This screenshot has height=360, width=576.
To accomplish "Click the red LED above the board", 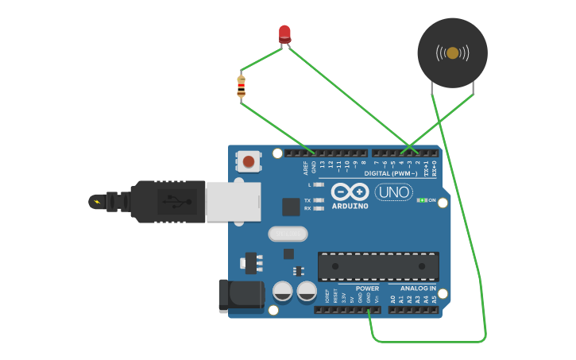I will coord(284,33).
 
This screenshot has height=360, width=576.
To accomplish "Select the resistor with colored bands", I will coord(242,86).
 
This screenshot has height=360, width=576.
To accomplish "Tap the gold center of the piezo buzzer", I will coord(452,53).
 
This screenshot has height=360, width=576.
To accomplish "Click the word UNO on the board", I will coord(394,192).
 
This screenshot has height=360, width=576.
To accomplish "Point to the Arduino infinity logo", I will coord(350,192).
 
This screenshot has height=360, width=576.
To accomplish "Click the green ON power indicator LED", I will coord(422,200).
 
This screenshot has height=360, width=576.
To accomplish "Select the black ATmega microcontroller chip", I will coord(378,266).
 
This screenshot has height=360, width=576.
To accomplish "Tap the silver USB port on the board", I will coord(233,201).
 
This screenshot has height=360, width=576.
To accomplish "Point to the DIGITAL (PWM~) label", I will coord(391,173).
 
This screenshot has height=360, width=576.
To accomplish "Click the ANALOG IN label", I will coord(417,288).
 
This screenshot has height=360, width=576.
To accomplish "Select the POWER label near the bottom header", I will coord(367,288).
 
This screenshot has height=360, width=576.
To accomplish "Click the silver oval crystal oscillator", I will coord(288,234).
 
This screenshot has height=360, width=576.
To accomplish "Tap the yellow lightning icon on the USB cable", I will coord(97,201).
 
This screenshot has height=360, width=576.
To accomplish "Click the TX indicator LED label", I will coord(307,200).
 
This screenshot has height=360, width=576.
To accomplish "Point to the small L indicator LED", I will coord(319,184).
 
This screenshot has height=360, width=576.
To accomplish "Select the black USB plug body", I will coord(168,201).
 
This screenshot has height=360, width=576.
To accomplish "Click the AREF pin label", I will coord(306,168).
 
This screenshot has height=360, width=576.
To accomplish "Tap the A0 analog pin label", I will coord(392,300).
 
